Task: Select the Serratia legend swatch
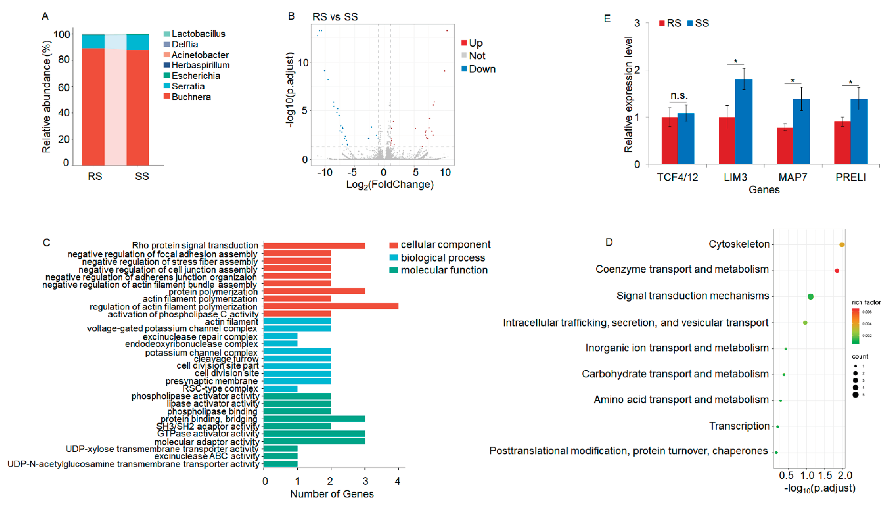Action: coord(167,86)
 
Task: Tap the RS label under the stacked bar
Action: coord(95,176)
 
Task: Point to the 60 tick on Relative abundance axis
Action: coord(64,87)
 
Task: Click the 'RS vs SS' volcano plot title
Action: coord(335,17)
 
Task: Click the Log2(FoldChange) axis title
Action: coord(390,184)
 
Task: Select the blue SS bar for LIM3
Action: coord(744,122)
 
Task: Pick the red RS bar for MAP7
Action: coord(785,146)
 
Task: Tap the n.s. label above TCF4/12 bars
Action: coord(678,95)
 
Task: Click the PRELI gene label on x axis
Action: coord(850,177)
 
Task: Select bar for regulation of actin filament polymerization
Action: coord(331,306)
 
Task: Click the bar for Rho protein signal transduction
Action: coord(314,245)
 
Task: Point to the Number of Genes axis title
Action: coord(332,494)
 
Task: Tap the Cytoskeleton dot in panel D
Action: coord(842,245)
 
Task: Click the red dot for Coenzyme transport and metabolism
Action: coord(837,271)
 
